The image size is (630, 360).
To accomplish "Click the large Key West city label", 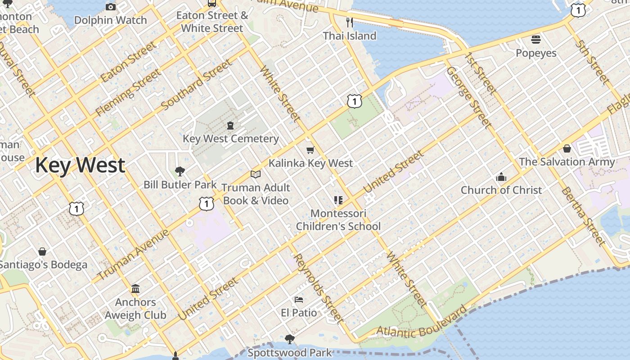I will [x=80, y=165].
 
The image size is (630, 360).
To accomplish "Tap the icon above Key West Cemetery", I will [x=230, y=125].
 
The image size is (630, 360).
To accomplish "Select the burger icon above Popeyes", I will [x=535, y=40].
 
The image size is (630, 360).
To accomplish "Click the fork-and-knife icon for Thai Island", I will [x=350, y=22].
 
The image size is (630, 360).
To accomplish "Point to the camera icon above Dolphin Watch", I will [x=111, y=7].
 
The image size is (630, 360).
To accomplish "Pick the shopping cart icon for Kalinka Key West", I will [x=310, y=150].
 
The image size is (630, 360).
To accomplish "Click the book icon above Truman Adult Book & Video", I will [x=256, y=174].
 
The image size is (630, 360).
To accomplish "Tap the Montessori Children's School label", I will [x=338, y=220].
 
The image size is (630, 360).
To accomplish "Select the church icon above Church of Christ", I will [x=501, y=177].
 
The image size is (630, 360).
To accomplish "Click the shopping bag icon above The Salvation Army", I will [x=567, y=148].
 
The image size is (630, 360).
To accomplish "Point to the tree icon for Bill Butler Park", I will [x=180, y=171].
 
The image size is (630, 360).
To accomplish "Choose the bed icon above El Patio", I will [x=299, y=300].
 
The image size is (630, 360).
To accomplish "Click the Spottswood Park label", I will [x=289, y=352].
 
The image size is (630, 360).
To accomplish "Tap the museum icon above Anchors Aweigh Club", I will [x=135, y=288].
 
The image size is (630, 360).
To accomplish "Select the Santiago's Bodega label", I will [x=43, y=265].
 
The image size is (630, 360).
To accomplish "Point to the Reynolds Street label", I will [x=319, y=288].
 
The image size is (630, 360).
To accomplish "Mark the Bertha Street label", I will [x=583, y=216].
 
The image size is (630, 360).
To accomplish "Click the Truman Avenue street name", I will [x=133, y=254].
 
